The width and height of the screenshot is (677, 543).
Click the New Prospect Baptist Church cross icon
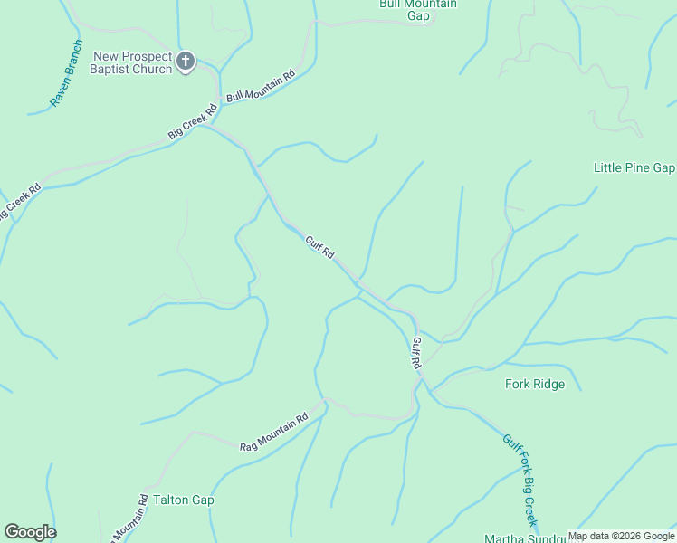[186, 62]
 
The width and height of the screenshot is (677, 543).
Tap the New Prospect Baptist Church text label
[132, 62]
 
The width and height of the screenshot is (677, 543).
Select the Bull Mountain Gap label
[417, 9]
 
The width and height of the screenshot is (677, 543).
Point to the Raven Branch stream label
[66, 73]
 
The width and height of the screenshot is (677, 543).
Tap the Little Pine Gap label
[634, 167]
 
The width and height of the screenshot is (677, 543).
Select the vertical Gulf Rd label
[417, 352]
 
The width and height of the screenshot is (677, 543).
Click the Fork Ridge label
[534, 384]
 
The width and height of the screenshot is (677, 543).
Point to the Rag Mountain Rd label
[273, 433]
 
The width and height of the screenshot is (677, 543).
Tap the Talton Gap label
[184, 500]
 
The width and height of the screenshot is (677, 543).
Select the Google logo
[30, 532]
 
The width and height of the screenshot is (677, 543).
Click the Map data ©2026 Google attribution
[622, 536]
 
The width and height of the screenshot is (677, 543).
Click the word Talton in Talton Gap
[171, 500]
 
